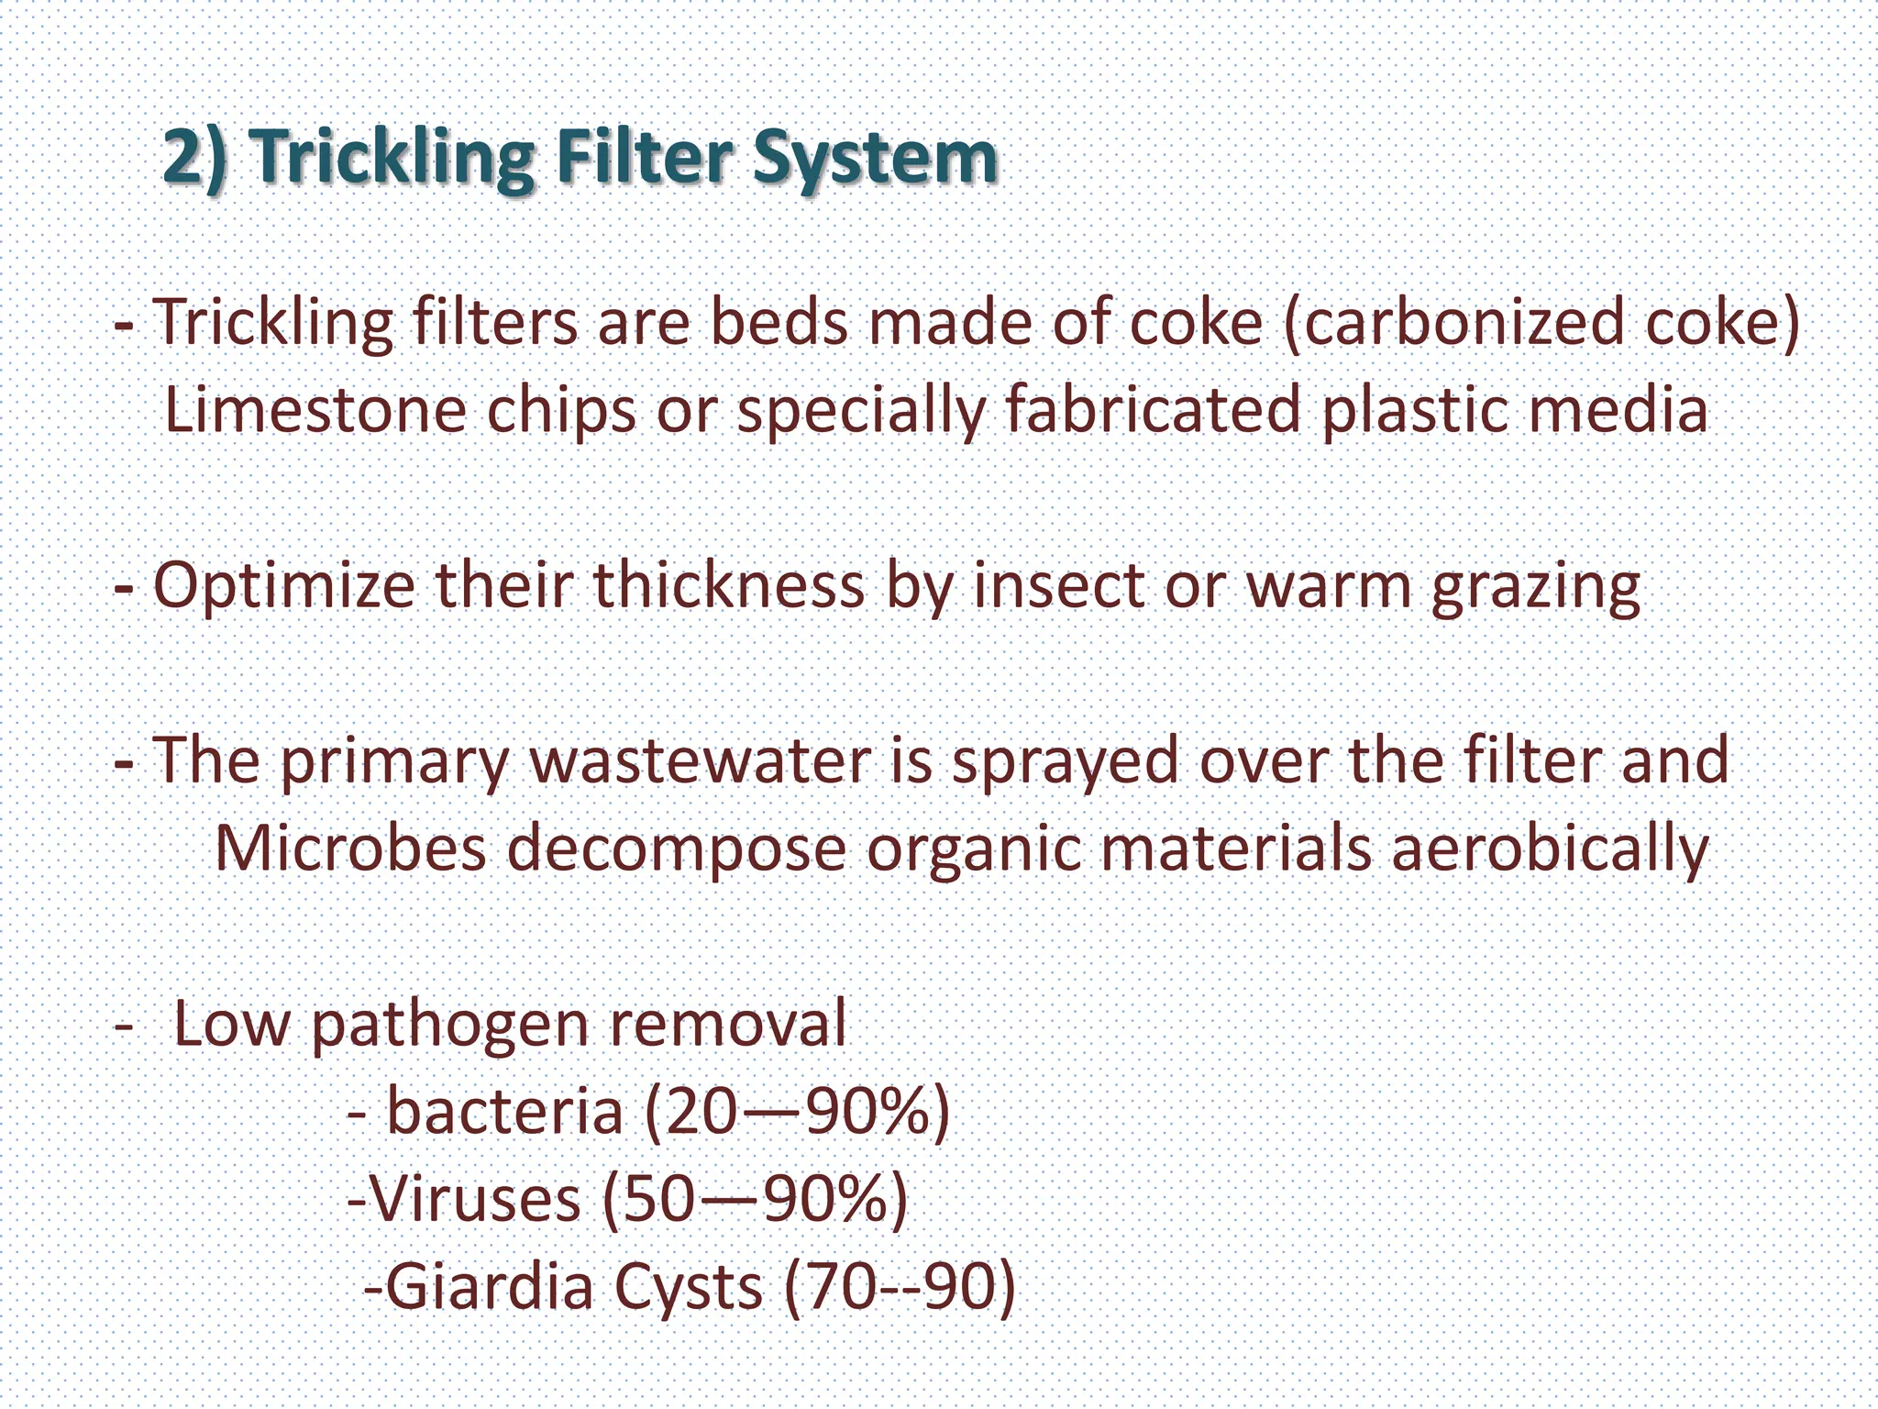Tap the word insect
(1058, 585)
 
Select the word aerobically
(1550, 849)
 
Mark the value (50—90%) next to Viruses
(755, 1199)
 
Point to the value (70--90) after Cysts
(900, 1286)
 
